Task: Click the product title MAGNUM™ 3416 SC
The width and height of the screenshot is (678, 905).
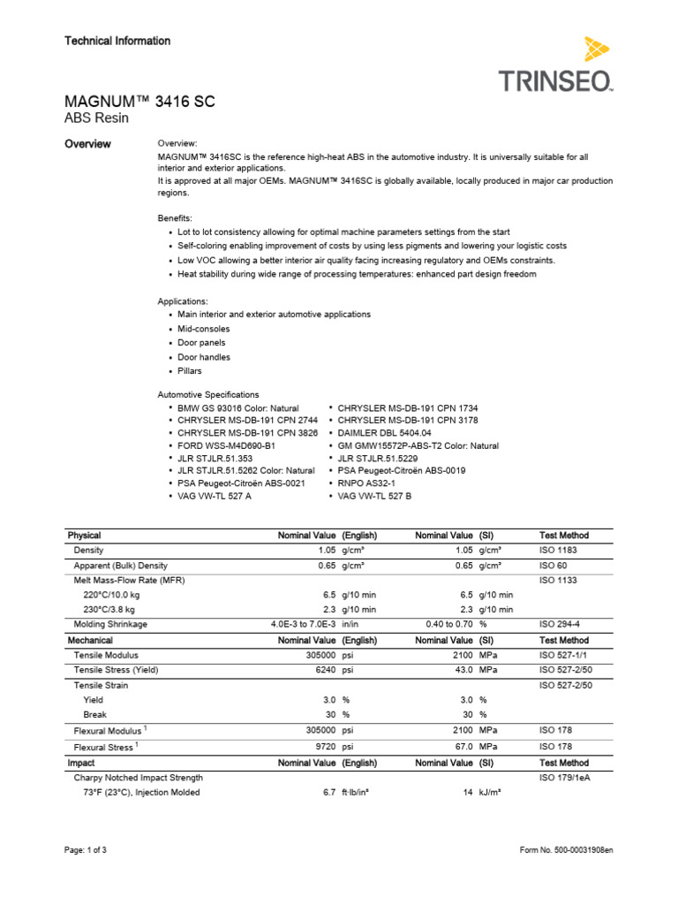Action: [140, 103]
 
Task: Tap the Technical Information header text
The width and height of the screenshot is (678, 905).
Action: [117, 41]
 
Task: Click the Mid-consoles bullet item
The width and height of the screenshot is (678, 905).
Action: [204, 329]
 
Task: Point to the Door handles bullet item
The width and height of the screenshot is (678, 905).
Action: [204, 357]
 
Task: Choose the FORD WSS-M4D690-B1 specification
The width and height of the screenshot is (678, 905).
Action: [227, 446]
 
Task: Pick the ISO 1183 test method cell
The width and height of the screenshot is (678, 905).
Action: [560, 550]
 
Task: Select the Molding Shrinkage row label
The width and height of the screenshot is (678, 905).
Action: [110, 624]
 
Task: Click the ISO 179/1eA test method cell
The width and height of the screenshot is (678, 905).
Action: [565, 778]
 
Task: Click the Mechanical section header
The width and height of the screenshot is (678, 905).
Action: [93, 640]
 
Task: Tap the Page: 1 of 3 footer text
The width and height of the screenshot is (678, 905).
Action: [87, 850]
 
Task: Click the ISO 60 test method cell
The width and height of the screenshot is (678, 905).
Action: [554, 565]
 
